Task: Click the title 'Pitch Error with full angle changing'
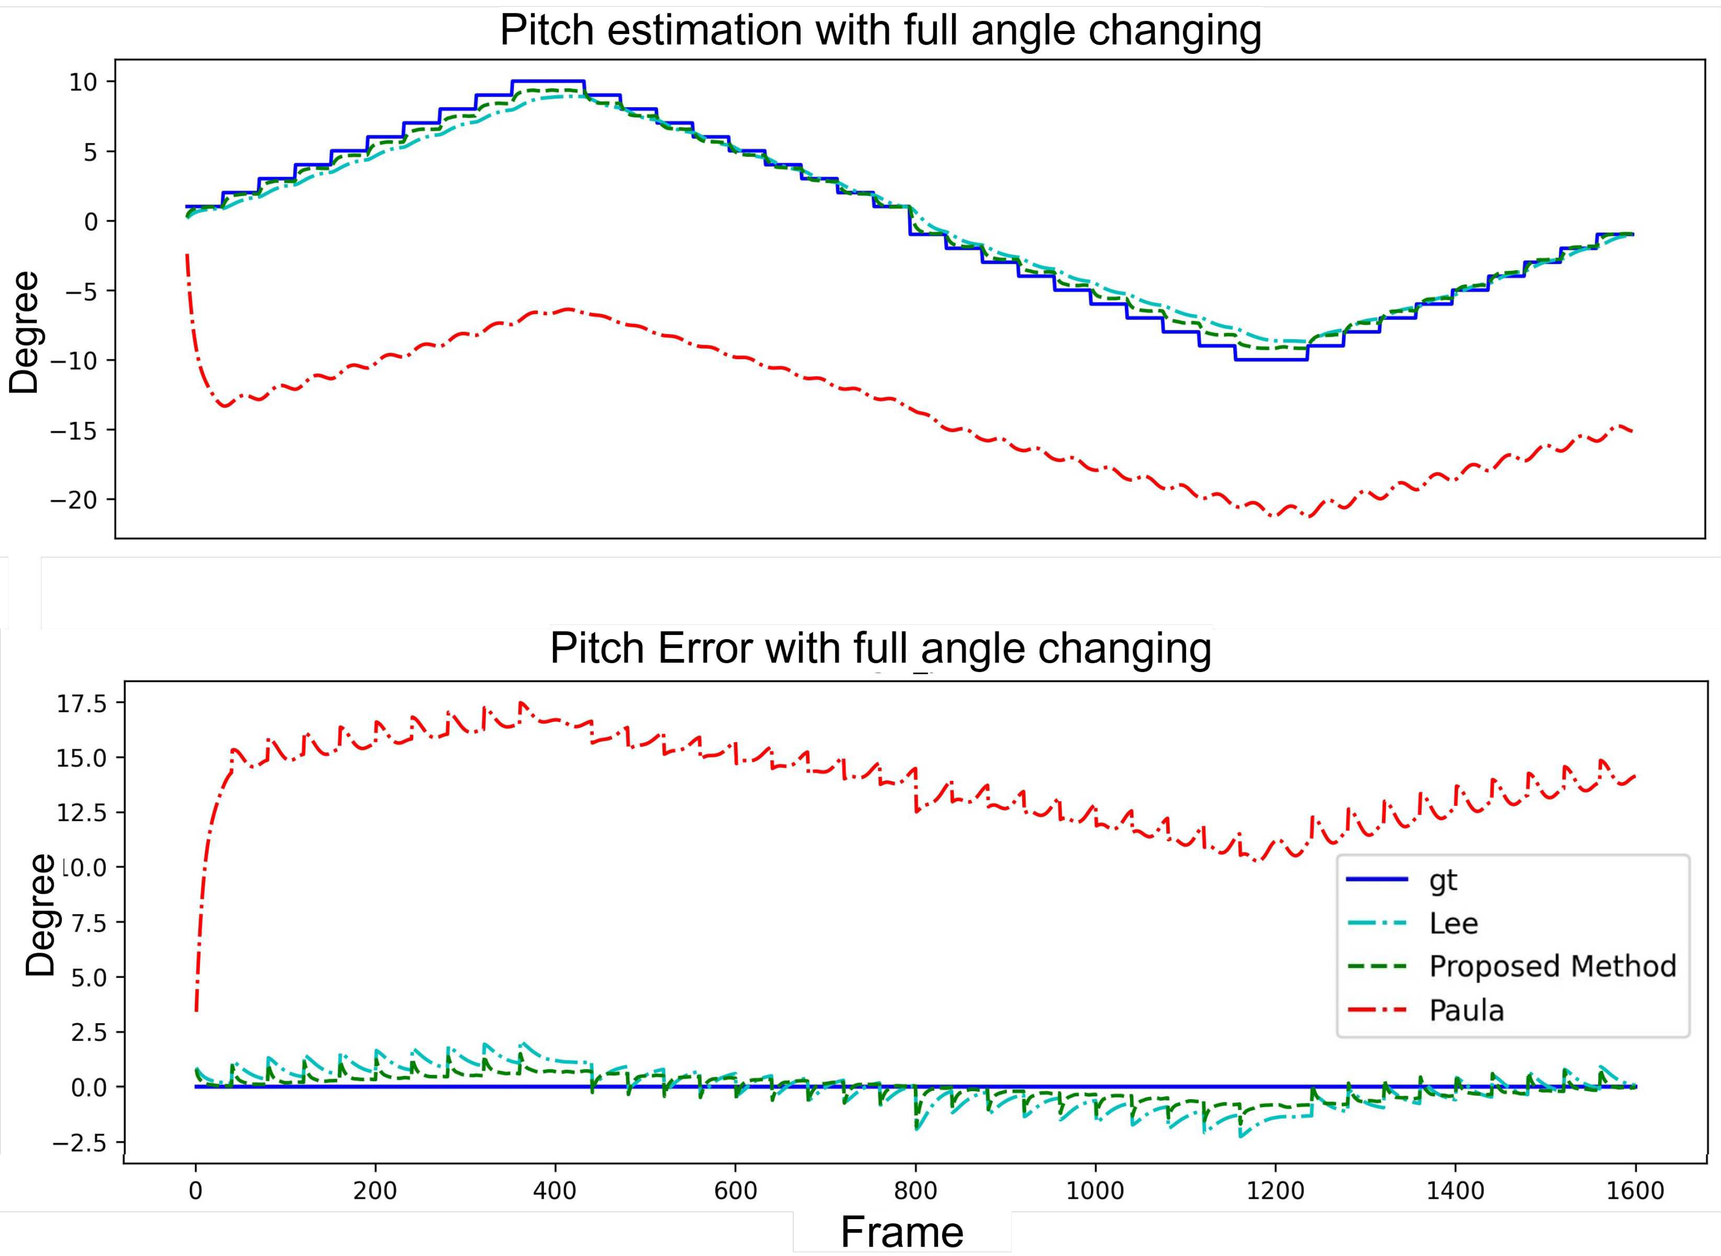880,649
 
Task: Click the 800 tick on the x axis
915,1191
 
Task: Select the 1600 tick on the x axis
1635,1191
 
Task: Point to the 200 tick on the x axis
375,1191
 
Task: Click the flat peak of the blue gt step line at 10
548,81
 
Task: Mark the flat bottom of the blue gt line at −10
1271,359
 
